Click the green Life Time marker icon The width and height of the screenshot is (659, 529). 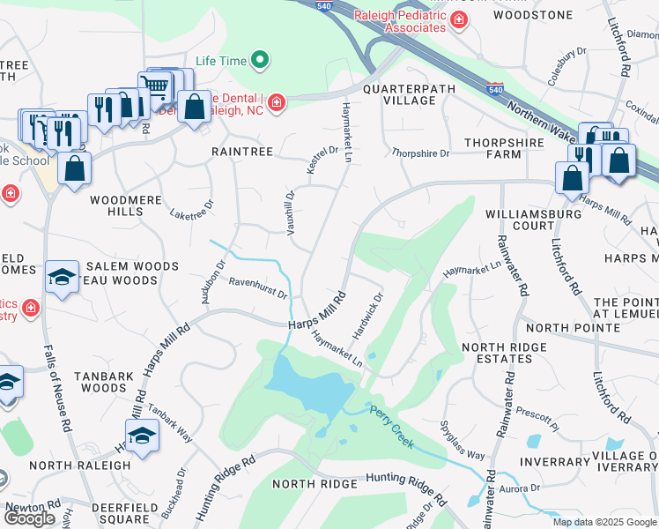(x=259, y=61)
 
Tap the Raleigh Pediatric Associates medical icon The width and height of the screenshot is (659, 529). (x=458, y=20)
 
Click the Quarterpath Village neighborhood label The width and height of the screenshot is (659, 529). (x=398, y=94)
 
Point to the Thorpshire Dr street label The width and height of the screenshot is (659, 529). (x=420, y=153)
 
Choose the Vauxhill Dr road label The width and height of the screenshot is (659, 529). (x=290, y=212)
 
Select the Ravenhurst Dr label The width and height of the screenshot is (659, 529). (x=259, y=288)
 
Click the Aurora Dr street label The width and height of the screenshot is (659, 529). (x=519, y=488)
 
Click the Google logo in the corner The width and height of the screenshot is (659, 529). (x=30, y=518)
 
